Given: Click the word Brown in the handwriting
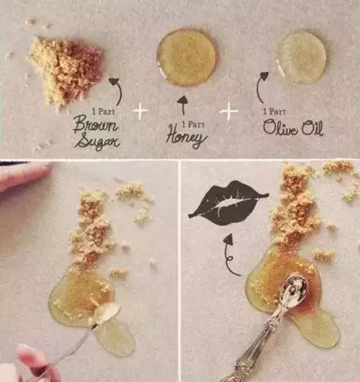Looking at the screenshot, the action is (x=96, y=124).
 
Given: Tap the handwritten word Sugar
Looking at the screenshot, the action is (x=97, y=141).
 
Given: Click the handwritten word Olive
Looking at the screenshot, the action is (x=280, y=127).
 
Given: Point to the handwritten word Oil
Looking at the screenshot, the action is (x=313, y=128).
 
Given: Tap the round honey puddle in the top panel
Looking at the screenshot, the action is (x=186, y=57).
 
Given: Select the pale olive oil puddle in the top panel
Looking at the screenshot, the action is (x=299, y=57).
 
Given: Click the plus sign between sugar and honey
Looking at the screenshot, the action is (x=140, y=111).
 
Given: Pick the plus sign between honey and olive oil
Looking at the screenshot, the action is (x=229, y=111).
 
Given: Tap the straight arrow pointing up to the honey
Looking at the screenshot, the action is (x=183, y=105).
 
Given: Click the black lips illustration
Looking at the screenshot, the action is (x=229, y=202).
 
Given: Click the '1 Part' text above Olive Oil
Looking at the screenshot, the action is (x=274, y=112).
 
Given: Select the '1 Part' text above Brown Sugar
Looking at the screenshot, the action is (x=103, y=112).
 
